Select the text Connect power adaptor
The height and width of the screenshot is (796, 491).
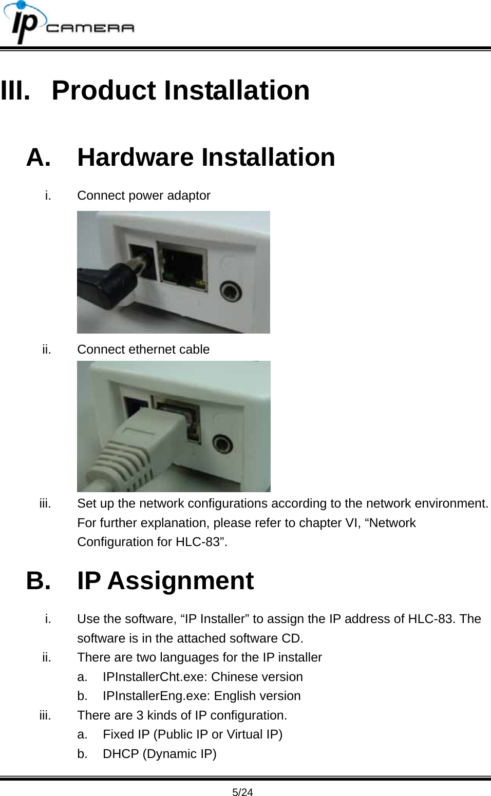click(x=143, y=196)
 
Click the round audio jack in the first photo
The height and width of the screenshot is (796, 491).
click(x=231, y=292)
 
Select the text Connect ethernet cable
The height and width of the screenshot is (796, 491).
click(x=143, y=350)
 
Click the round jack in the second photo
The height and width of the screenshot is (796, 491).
click(x=222, y=443)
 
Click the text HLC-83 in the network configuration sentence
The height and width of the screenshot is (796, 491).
click(x=197, y=542)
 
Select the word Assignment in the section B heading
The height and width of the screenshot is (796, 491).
click(x=180, y=581)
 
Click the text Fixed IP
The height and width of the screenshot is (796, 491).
click(x=126, y=734)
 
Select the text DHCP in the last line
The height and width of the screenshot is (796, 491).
click(x=121, y=754)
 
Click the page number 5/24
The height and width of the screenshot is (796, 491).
click(x=242, y=792)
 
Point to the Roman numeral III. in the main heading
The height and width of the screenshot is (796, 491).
click(x=15, y=90)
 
